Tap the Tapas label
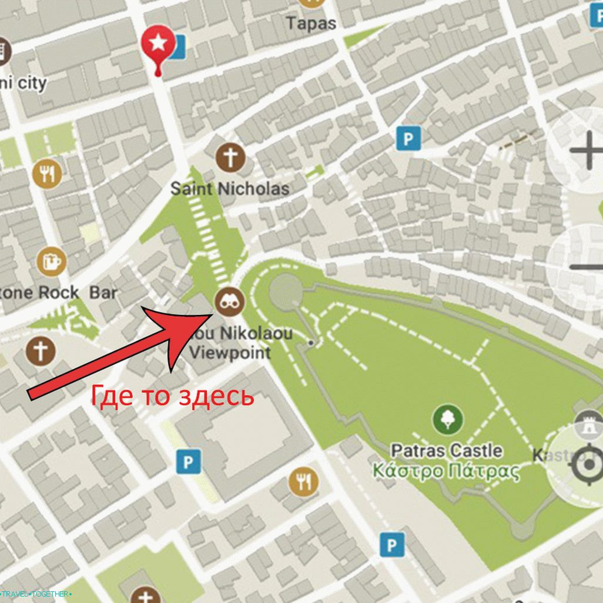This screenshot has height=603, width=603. (311, 24)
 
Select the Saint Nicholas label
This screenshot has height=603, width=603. (230, 189)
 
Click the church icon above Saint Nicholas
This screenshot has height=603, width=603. (230, 158)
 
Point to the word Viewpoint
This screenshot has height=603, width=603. (230, 353)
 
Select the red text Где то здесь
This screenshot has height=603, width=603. (172, 397)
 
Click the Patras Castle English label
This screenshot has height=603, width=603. (447, 451)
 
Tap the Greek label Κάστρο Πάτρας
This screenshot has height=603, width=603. (447, 471)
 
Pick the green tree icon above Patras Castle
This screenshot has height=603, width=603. (447, 420)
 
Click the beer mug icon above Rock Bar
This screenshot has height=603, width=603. (51, 262)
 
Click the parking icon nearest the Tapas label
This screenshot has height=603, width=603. (408, 139)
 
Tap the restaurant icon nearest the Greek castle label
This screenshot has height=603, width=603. (303, 483)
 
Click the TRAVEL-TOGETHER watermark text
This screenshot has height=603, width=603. (36, 594)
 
